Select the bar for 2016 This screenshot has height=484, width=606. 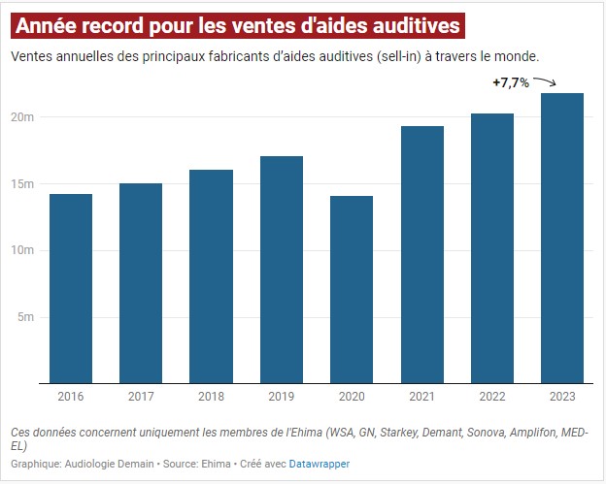click(70, 288)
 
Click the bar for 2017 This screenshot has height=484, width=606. click(141, 283)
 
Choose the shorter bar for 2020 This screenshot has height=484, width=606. click(352, 289)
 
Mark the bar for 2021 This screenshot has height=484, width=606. click(421, 254)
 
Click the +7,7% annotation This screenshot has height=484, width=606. click(511, 83)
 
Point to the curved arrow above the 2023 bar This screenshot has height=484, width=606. click(546, 83)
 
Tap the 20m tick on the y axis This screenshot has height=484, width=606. click(23, 117)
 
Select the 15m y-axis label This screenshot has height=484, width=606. click(23, 184)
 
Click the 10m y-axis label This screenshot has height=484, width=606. click(23, 250)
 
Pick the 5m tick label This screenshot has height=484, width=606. click(26, 317)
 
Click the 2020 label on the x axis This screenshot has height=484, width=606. click(352, 396)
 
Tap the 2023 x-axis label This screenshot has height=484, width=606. click(562, 396)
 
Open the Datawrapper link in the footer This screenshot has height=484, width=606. click(319, 465)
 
